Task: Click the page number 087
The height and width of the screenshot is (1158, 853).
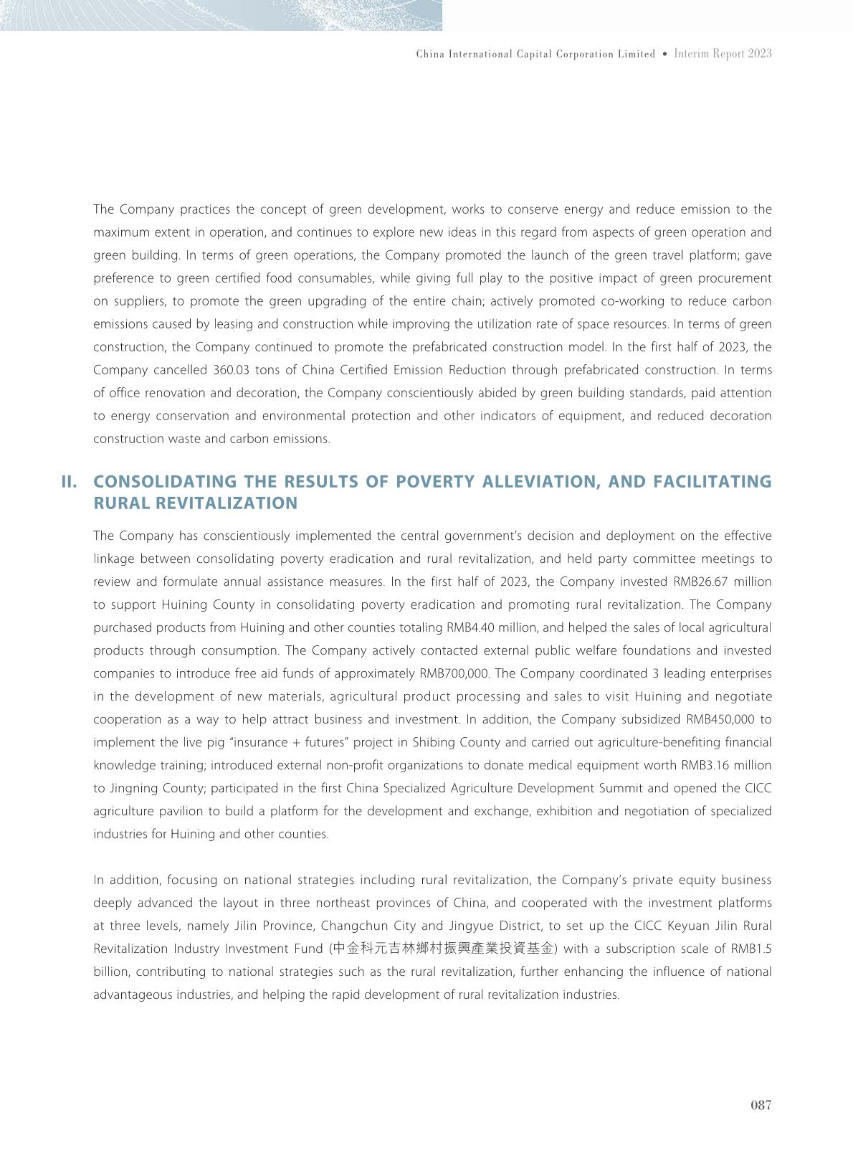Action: point(761,1105)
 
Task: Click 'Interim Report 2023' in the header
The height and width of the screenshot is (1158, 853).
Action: point(723,54)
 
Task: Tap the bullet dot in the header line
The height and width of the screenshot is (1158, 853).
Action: point(665,54)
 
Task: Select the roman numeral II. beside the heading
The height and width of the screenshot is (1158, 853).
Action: point(70,481)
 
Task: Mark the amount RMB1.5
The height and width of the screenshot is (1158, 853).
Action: point(751,949)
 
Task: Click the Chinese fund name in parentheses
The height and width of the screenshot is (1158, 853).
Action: point(444,949)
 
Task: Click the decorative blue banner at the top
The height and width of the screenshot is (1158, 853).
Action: point(221,15)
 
